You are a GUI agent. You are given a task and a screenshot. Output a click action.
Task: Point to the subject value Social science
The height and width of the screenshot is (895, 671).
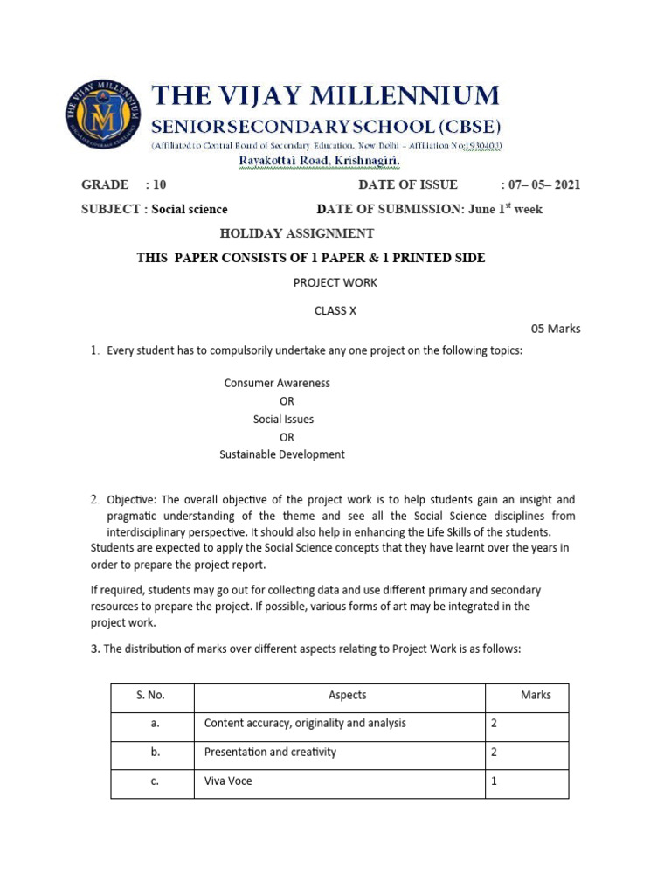point(190,209)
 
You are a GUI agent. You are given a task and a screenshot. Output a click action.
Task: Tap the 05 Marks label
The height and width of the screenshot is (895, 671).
point(556,330)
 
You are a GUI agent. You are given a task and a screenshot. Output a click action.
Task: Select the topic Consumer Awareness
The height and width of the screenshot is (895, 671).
point(277,383)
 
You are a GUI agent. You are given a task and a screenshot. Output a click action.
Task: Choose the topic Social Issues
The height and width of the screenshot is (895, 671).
point(283,419)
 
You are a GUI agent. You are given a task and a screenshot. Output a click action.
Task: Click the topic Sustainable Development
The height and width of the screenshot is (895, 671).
point(281,454)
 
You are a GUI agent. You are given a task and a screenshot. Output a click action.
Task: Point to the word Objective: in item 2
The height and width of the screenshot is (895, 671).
point(132,500)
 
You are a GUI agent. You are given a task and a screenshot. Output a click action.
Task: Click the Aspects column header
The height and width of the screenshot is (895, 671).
point(347,696)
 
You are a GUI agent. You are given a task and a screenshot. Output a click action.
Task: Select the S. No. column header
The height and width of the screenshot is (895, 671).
point(150,696)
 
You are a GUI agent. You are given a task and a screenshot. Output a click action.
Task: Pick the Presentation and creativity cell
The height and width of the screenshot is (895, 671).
point(270,753)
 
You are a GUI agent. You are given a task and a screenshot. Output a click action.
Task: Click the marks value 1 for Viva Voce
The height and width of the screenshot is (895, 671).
point(494,781)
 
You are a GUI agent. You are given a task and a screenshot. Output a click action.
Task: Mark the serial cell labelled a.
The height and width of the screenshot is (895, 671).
point(154,724)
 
